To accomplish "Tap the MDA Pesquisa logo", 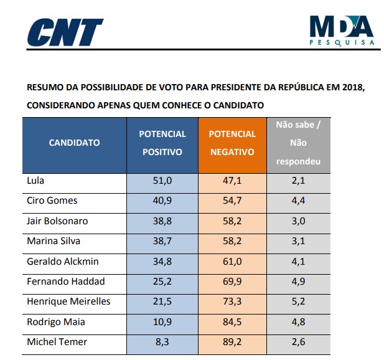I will click(342, 30).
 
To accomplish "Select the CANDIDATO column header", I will click(74, 143).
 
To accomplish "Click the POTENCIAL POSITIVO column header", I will click(162, 143).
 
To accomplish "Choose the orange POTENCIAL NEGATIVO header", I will click(232, 143).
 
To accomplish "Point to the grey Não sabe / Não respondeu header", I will click(298, 143).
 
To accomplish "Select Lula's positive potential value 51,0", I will click(162, 181).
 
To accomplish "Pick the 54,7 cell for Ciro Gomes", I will click(232, 201).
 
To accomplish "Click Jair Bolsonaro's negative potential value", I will click(232, 221).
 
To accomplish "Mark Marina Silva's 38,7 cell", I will click(162, 241).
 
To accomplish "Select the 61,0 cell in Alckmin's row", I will click(232, 261).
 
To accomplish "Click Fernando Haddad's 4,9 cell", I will click(298, 281).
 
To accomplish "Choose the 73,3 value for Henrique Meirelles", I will click(232, 301).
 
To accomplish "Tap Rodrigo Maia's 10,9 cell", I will click(162, 321).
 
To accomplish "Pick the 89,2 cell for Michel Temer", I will click(232, 341).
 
